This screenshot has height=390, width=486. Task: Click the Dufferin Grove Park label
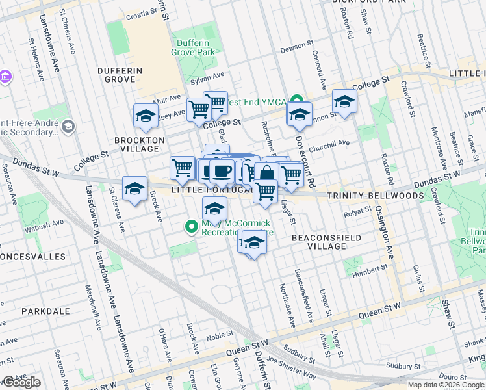192,47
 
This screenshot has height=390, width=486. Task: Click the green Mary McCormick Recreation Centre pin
191,227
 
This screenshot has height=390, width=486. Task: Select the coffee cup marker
222,172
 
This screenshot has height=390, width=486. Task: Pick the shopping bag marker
266,174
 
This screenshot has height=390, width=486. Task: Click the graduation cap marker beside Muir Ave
145,115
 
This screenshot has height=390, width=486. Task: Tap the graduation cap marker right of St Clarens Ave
134,188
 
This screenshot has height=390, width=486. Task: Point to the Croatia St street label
129,13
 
